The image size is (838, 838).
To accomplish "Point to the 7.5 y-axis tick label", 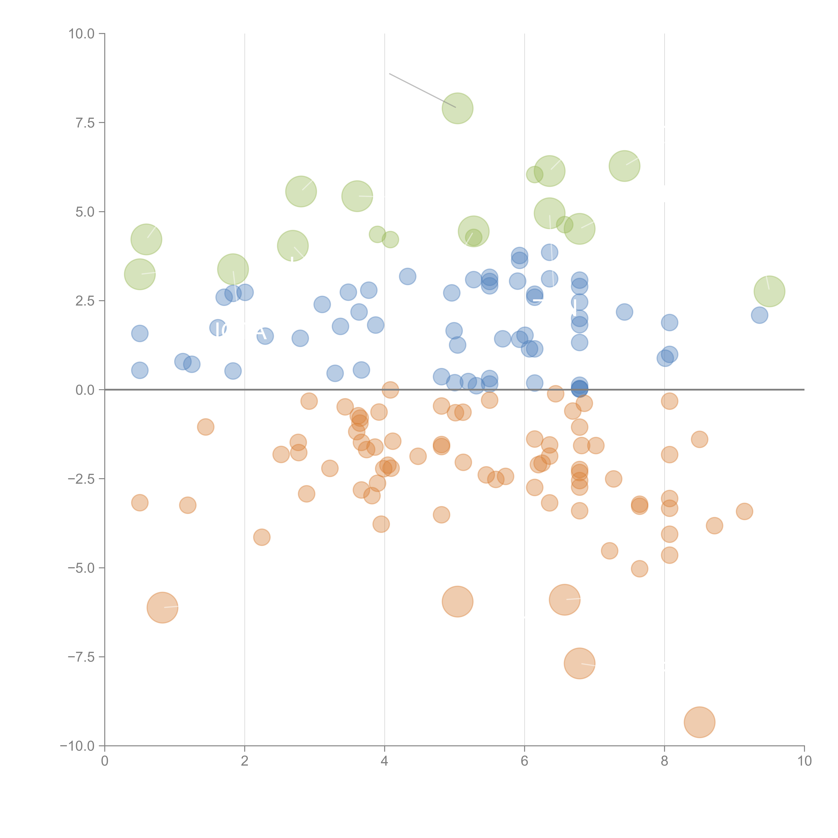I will pyautogui.click(x=85, y=123).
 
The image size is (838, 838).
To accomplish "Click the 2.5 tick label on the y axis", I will pyautogui.click(x=85, y=301).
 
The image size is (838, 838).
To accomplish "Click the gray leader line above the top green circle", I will pyautogui.click(x=421, y=90).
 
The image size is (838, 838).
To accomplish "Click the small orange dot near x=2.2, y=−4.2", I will pyautogui.click(x=262, y=537).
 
